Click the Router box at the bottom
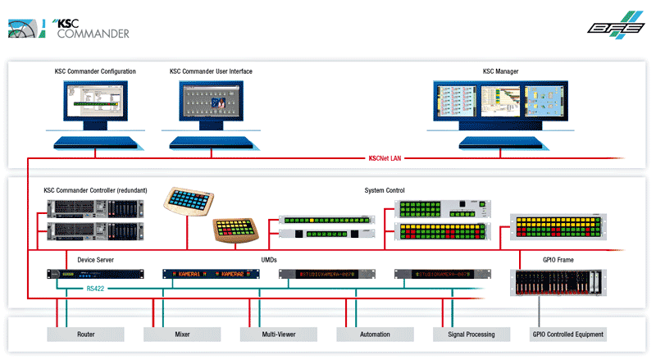point(85,335)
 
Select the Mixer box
point(182,335)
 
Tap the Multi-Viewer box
point(278,335)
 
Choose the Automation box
point(375,335)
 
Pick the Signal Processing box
point(471,335)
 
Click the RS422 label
point(97,289)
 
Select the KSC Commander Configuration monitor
point(95,107)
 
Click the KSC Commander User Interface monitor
point(212,107)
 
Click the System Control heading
point(385,190)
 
